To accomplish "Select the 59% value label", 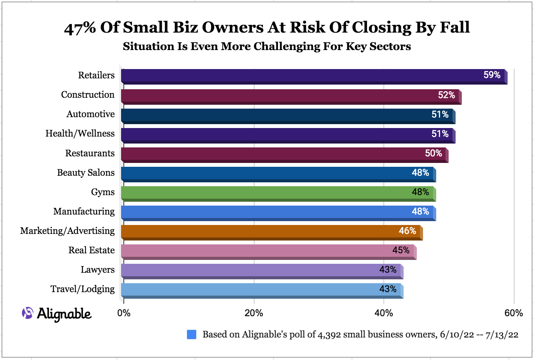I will click(492, 75).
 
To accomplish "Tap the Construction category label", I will click(88, 95).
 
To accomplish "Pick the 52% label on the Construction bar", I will click(446, 95).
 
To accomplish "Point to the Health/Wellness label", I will click(80, 133).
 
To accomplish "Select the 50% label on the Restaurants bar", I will click(433, 153).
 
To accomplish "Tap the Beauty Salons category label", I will click(86, 173).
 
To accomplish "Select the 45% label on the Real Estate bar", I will click(400, 250).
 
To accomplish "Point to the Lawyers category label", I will click(97, 270).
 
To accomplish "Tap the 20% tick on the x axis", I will click(254, 313).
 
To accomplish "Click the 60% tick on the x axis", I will click(513, 313).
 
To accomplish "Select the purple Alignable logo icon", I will click(28, 313).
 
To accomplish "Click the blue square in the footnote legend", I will click(192, 334).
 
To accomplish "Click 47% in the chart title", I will click(80, 28).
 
